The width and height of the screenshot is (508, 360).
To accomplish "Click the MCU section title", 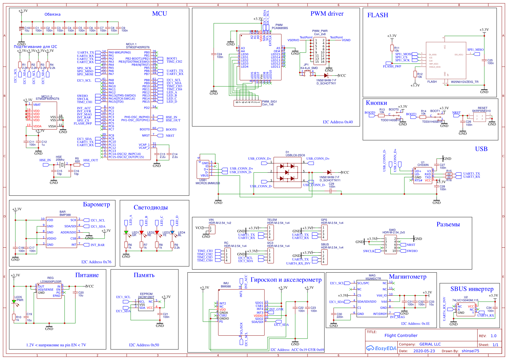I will [x=159, y=14].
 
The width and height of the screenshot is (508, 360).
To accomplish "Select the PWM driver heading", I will [x=327, y=14].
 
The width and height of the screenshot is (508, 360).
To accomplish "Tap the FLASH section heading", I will [x=377, y=15].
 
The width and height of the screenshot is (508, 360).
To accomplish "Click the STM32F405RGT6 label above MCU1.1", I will [x=137, y=47].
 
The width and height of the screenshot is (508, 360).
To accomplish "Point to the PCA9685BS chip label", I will [x=280, y=28].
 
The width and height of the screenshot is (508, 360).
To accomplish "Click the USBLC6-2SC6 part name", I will [x=295, y=155].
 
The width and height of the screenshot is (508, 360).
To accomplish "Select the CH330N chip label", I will [x=423, y=165].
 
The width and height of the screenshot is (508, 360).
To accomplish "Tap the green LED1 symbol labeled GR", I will [x=126, y=232].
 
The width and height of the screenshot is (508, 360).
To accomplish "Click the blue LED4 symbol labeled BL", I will [x=172, y=232].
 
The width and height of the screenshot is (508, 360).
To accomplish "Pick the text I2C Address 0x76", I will [x=96, y=262].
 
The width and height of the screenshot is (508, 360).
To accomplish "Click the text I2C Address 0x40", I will [x=337, y=122].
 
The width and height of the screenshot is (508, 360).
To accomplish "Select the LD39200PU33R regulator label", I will [x=50, y=282].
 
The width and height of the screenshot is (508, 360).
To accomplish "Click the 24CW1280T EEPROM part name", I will [x=146, y=297].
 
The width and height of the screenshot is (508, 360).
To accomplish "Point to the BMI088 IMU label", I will [x=225, y=286].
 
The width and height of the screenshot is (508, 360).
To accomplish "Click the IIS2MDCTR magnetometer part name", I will [x=373, y=279].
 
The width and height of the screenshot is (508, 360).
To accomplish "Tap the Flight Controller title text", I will [x=401, y=336].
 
